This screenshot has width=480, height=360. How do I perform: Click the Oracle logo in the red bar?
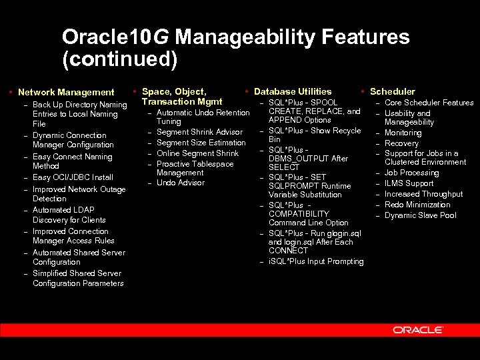pos(418,330)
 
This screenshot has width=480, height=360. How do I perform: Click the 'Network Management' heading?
pos(66,93)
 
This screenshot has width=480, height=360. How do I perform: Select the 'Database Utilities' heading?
pos(293,91)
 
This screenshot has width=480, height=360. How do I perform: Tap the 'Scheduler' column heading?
pos(392,91)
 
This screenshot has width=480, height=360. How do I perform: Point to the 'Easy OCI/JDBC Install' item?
pos(73,177)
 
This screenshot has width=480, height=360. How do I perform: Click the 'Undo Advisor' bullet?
pos(180,183)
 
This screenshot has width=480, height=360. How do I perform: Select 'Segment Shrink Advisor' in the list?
pos(199,132)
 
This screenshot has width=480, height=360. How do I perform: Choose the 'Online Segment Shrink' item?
pos(197,153)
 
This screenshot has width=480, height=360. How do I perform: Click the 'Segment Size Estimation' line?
pos(201,143)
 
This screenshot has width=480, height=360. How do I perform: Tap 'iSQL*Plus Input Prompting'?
pos(316,261)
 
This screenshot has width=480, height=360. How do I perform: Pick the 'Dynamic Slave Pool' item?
pos(420,215)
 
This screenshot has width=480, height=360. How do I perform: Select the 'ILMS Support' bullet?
pos(409,183)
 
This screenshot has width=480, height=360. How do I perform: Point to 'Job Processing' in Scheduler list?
pos(411,173)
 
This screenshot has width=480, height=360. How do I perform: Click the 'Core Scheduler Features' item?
pos(429,103)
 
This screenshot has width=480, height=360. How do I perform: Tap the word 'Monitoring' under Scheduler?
pos(403,133)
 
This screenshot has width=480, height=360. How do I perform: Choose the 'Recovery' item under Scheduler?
pos(401,143)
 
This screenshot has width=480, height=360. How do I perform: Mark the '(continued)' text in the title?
pos(120,59)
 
